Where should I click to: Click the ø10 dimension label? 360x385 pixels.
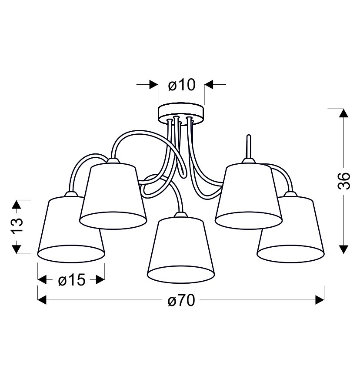click(x=182, y=85)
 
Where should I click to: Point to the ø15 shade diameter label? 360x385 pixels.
click(x=72, y=280)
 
